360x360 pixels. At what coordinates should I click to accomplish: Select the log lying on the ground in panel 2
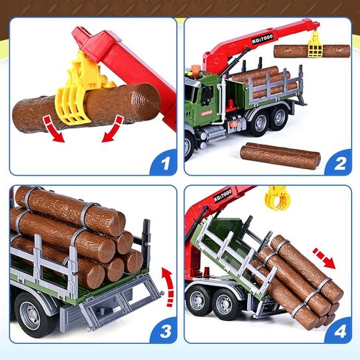pos(280,155)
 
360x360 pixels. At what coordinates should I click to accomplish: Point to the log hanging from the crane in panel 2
pos(311,51)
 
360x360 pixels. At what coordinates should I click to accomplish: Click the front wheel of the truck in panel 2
pos(190,143)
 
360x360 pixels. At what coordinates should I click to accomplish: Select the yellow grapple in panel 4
pos(277,198)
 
